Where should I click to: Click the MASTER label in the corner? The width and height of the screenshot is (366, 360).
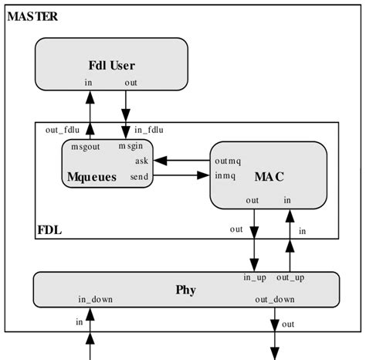point(32,16)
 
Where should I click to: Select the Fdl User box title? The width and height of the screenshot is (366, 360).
point(112,65)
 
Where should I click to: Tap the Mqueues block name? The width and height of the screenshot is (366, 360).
point(91,177)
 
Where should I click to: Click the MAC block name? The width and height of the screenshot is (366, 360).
point(269,177)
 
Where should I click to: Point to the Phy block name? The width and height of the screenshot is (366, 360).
point(185,290)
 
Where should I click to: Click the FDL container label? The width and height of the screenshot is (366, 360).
point(50,229)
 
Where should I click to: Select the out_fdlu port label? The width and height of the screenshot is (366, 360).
point(63,130)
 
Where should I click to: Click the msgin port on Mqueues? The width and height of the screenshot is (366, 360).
point(131,146)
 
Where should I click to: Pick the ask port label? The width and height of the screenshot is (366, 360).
point(141,161)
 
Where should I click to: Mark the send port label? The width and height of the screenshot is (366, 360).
point(140,177)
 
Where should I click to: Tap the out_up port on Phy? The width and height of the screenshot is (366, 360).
point(290,277)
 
